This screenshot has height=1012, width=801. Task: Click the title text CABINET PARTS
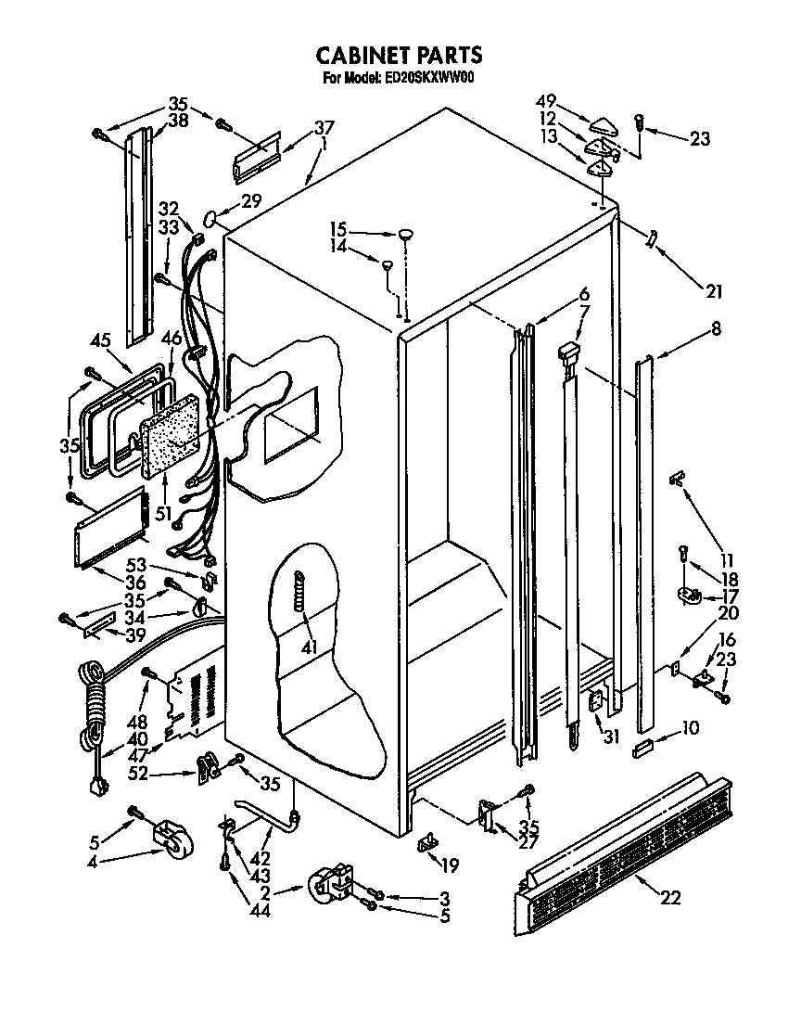[400, 56]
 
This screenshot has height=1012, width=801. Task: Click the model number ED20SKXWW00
[428, 79]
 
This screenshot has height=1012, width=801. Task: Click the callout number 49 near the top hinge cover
[547, 101]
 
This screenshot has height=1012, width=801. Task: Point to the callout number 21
[712, 292]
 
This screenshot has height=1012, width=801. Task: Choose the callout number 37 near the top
[323, 127]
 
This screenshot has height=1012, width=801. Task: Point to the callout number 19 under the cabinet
[450, 866]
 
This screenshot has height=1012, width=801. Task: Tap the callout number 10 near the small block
[689, 728]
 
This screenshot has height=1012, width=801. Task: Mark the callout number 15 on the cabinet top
[337, 228]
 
